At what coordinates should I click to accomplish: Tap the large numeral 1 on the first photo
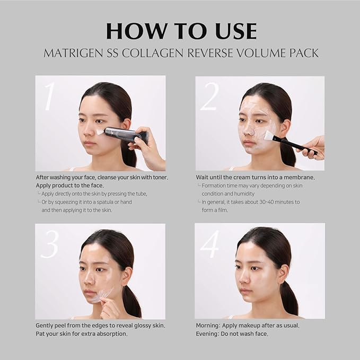(49, 96)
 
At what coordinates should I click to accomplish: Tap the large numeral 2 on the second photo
(209, 97)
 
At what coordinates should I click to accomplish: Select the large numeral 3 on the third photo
(49, 244)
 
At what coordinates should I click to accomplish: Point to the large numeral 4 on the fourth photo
(209, 244)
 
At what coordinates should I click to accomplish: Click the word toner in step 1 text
(157, 177)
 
